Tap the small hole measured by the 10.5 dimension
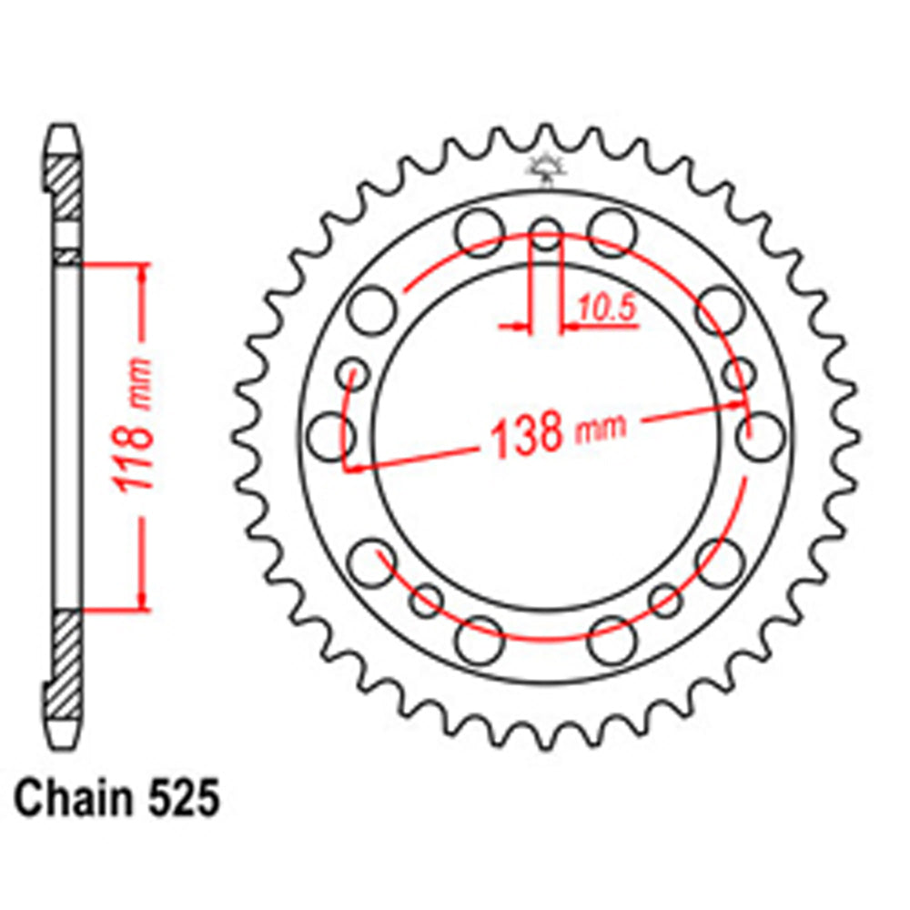point(545,234)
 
